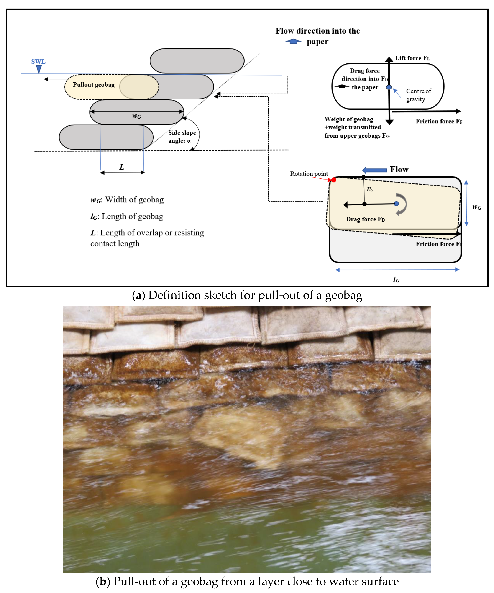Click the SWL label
point(38,62)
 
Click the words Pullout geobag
point(94,85)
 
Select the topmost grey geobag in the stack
point(197,61)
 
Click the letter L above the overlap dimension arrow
point(122,167)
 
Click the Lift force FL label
point(412,58)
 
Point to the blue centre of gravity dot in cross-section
point(389,87)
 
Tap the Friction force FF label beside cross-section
point(439,121)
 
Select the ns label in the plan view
point(370,189)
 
